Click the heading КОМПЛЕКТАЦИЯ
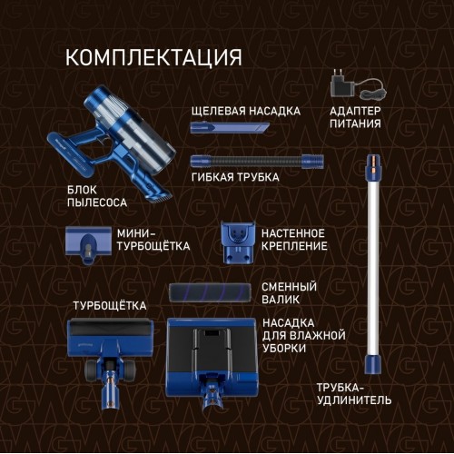153,57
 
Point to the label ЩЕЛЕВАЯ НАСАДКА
245,111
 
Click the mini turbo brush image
86,243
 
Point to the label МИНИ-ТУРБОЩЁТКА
153,240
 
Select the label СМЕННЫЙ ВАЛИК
289,292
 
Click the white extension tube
370,263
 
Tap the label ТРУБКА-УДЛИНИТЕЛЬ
354,393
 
